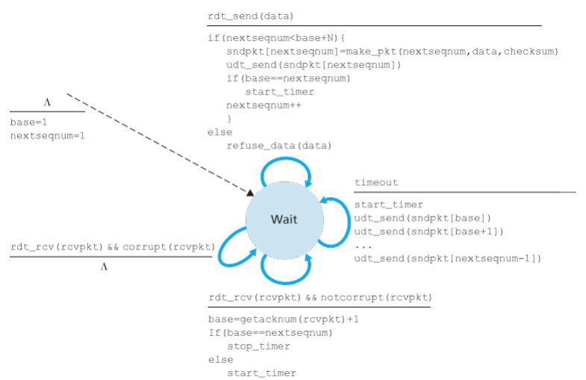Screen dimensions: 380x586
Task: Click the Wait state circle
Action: point(284,220)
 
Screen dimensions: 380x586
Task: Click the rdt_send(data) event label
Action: point(251,16)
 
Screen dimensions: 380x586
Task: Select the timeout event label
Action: point(375,183)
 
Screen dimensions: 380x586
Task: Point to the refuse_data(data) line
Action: point(278,146)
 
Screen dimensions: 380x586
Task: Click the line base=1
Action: point(28,122)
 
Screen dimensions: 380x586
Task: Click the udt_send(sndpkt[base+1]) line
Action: point(428,231)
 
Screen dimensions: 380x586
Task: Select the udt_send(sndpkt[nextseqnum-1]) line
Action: point(447,258)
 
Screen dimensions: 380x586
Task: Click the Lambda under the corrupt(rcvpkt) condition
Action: point(105,267)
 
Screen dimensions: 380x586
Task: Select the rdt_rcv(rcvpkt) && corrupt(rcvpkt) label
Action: point(113,246)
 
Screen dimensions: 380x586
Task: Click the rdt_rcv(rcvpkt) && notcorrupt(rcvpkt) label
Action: point(320,298)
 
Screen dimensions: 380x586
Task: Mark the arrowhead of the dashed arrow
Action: point(249,193)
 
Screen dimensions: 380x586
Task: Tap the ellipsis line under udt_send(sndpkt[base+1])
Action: point(364,245)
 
